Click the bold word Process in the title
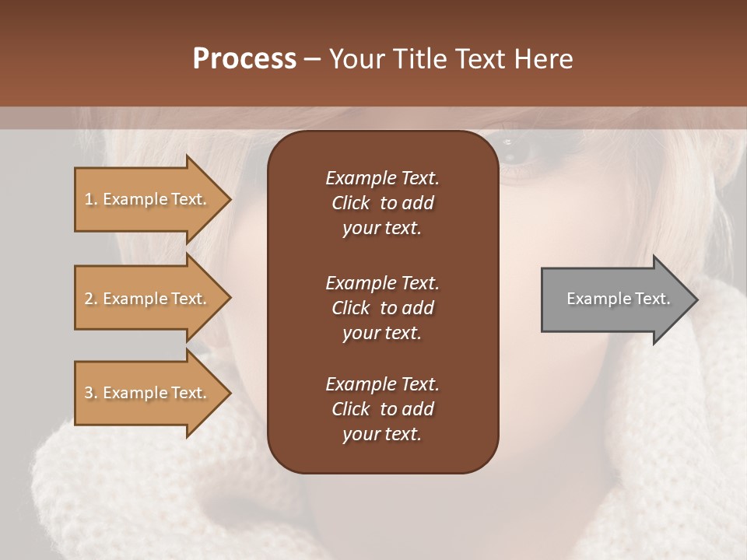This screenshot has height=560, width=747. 244,59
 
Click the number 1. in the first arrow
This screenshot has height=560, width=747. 91,199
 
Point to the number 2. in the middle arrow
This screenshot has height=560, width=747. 91,299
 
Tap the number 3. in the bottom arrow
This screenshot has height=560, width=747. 91,393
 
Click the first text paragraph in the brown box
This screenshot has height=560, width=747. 382,203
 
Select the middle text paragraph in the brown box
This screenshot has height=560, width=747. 382,307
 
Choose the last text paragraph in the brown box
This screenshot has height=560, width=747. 382,409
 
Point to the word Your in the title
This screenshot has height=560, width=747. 354,59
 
